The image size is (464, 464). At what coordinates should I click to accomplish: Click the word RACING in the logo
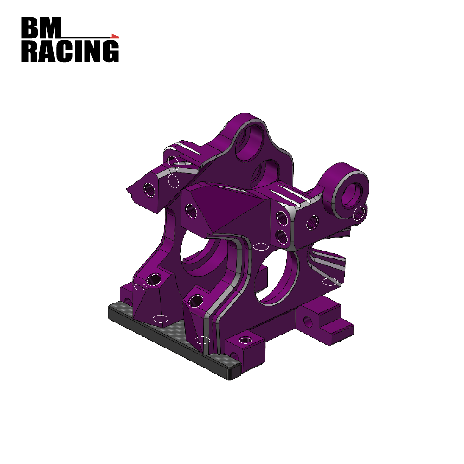tap(70, 52)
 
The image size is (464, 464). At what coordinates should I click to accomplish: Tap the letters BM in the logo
tap(41, 28)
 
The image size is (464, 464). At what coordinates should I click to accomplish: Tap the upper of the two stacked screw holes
tap(281, 218)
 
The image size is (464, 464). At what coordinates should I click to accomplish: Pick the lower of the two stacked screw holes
tap(281, 237)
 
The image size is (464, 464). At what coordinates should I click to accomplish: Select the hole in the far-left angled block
tap(149, 189)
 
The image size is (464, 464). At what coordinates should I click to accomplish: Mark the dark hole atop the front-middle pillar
tap(196, 301)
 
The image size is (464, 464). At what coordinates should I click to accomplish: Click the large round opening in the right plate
tap(278, 278)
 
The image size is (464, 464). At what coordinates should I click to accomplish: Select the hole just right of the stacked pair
tap(312, 223)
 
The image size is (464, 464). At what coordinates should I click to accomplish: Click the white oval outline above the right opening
tap(260, 246)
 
